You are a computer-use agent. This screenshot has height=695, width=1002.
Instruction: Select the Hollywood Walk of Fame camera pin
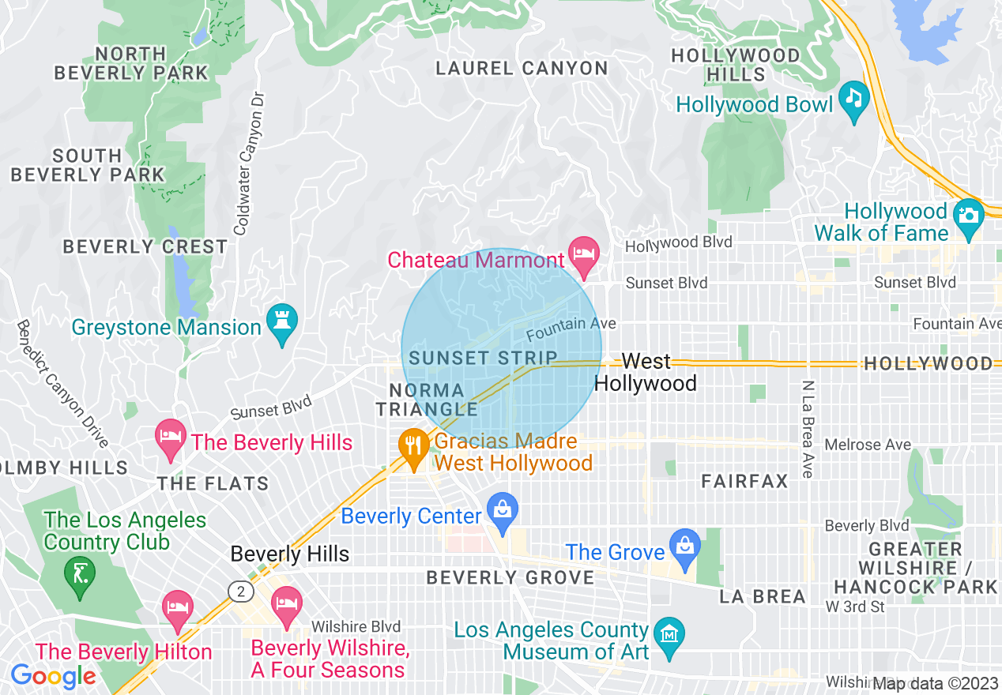click(x=968, y=216)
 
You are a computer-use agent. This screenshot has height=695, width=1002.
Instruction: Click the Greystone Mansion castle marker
click(x=281, y=322)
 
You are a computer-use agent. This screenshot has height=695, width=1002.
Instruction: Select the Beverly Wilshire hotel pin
click(x=286, y=604)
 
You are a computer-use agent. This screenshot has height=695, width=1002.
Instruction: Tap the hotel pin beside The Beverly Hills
click(x=170, y=438)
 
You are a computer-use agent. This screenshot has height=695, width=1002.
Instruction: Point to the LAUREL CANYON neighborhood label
click(x=522, y=69)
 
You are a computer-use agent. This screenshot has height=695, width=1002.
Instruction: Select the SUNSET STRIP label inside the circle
click(x=484, y=358)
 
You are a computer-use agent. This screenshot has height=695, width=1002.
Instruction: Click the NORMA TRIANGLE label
click(x=428, y=400)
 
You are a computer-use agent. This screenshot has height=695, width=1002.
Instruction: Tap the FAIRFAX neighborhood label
click(x=744, y=481)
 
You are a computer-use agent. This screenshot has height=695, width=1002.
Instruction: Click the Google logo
click(x=53, y=676)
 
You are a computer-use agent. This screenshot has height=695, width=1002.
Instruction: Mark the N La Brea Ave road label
click(x=807, y=429)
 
